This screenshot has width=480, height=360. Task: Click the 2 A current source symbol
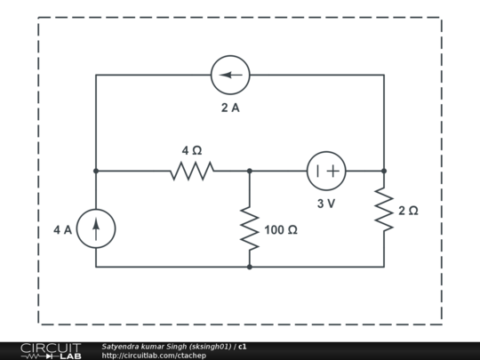[230, 75]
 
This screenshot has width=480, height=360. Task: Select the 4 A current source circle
[96, 228]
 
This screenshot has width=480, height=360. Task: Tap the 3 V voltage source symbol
[326, 171]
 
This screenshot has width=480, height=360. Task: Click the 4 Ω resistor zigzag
[192, 171]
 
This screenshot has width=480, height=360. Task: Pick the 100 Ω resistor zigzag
[250, 230]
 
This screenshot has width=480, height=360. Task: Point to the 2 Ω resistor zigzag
[384, 211]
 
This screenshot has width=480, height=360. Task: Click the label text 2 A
[230, 108]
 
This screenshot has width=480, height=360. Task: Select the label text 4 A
[62, 229]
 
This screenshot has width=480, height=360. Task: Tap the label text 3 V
[326, 204]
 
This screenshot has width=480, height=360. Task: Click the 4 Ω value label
[192, 151]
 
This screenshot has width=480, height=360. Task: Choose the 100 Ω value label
[281, 230]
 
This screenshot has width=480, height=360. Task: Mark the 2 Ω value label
[408, 211]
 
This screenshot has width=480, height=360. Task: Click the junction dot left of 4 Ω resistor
[96, 171]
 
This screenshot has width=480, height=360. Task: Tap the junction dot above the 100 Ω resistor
[250, 171]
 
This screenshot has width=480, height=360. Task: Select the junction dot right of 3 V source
[384, 171]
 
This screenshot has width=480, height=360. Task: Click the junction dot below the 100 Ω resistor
[250, 267]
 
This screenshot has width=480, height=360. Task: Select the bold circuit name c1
[243, 346]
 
